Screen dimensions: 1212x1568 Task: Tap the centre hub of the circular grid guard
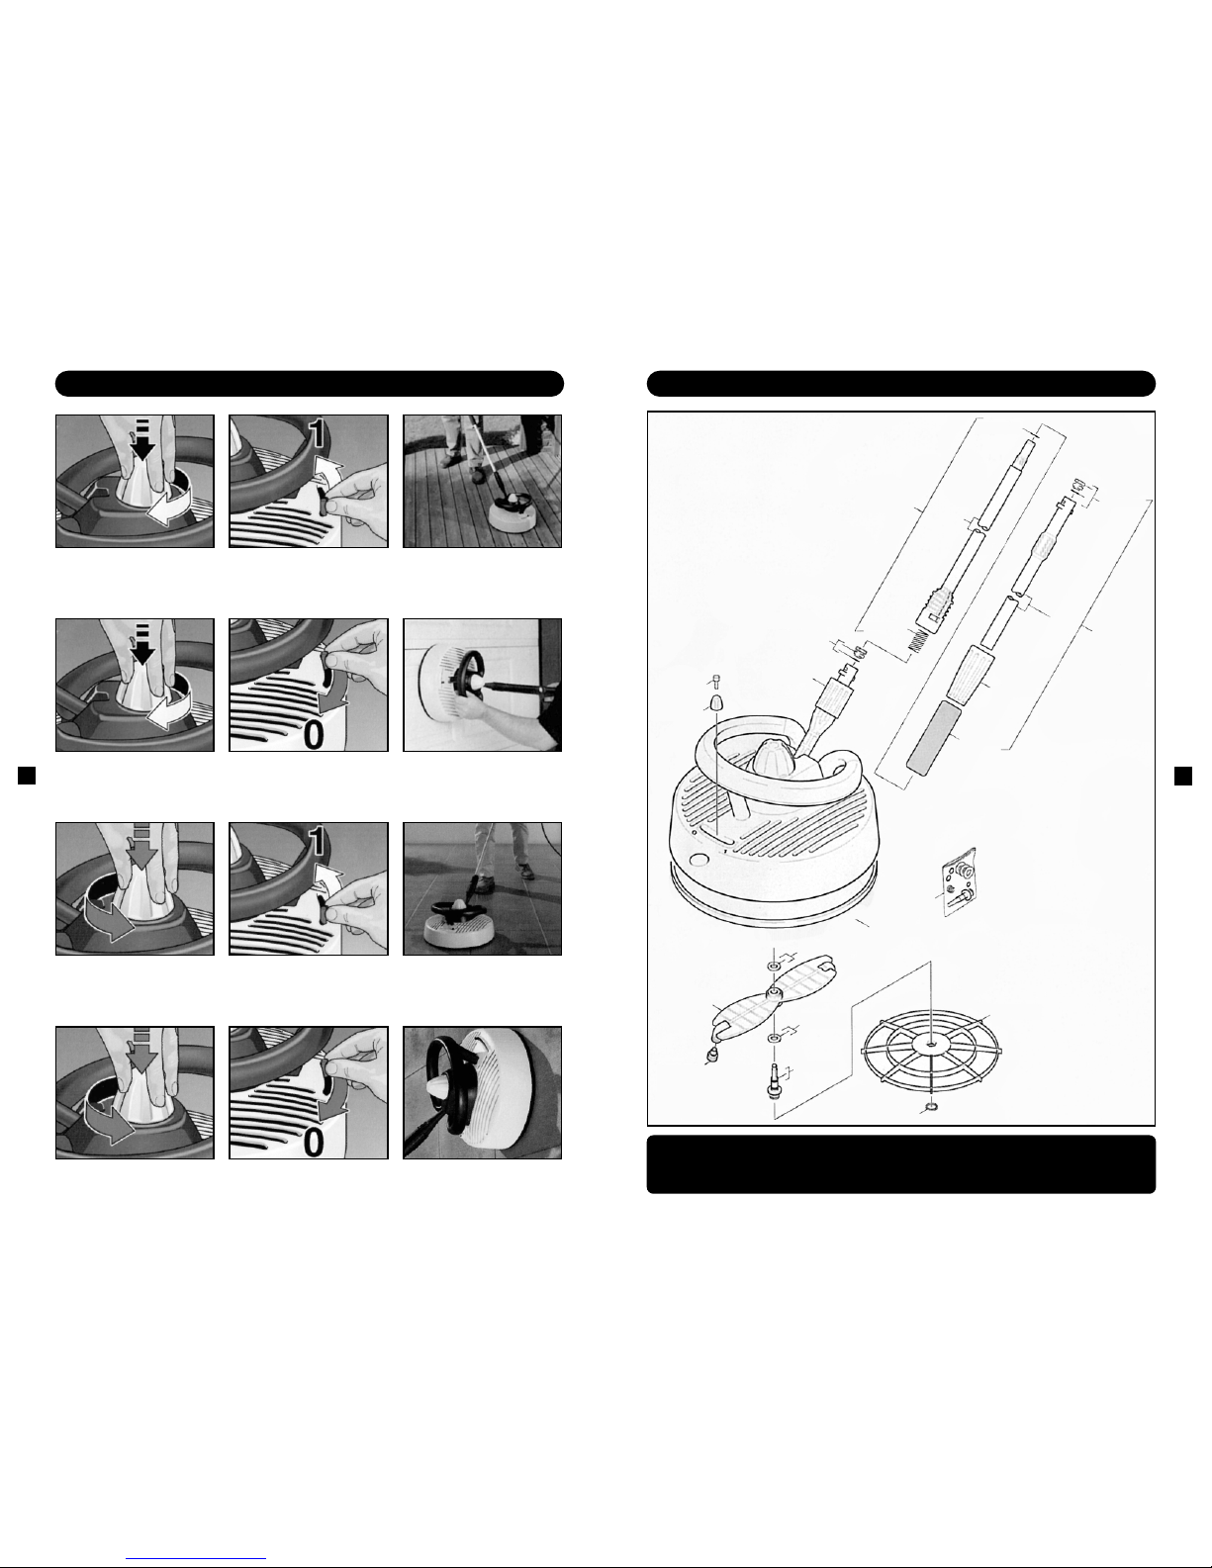[x=931, y=1043]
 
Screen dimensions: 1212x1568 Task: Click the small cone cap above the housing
[x=716, y=702]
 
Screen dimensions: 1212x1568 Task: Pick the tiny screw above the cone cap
[x=716, y=679]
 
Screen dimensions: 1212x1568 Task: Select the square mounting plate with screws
[x=960, y=881]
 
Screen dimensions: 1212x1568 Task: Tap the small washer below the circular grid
[x=931, y=1106]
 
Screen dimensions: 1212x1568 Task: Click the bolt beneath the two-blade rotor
[x=773, y=1081]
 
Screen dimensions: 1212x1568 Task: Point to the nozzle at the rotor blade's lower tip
[x=712, y=1057]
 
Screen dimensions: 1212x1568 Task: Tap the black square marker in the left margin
[x=27, y=775]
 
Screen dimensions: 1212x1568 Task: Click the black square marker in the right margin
[x=1183, y=775]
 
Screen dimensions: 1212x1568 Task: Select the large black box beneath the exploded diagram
[x=901, y=1164]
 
